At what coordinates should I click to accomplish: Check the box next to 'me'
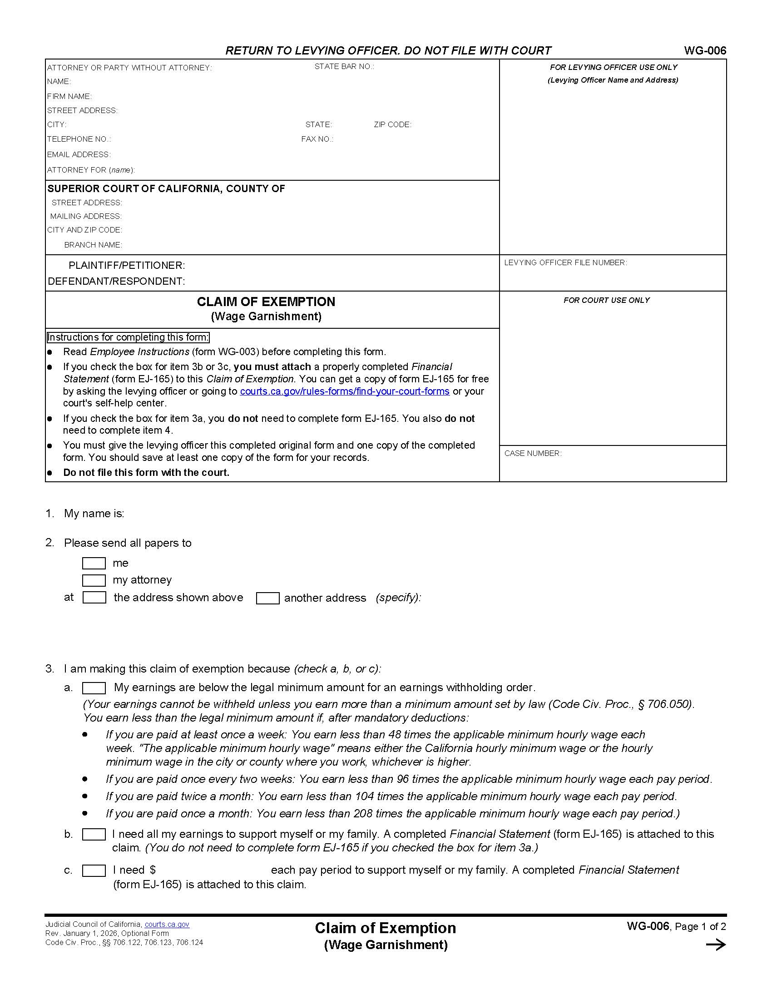pos(94,563)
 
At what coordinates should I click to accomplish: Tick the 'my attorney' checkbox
pos(94,580)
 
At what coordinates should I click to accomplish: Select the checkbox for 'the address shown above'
pos(94,598)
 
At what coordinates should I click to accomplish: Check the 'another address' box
pos(267,598)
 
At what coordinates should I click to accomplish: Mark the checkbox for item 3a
pos(94,688)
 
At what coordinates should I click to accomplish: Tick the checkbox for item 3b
pos(94,834)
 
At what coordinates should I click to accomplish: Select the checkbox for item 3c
pos(94,870)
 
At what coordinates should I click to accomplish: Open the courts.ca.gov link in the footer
pos(167,924)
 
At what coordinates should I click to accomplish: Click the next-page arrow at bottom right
pos(716,945)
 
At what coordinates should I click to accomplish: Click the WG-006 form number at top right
pos(705,51)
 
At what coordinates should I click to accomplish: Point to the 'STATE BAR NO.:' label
pos(344,67)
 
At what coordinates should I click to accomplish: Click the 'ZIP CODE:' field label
pos(392,124)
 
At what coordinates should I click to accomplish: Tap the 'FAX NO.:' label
pos(317,139)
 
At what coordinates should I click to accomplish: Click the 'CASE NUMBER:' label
pos(533,453)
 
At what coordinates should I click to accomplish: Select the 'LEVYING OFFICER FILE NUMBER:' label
pos(565,262)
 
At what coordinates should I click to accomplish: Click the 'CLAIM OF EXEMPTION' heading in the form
pos(266,302)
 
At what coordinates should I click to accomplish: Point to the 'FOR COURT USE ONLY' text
pos(606,300)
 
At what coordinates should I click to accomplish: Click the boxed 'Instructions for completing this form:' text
pos(128,337)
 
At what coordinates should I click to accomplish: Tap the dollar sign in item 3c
pos(153,870)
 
